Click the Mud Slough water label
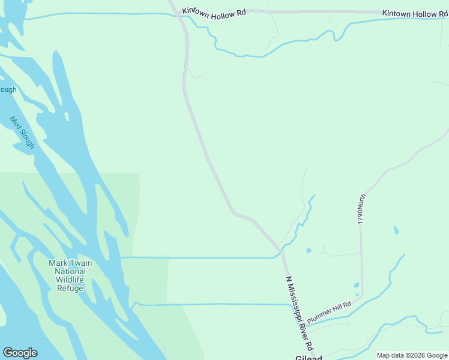tap(22, 133)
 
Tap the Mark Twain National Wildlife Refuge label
tap(71, 275)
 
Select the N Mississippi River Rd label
tap(300, 314)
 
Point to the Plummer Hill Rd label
tap(328, 312)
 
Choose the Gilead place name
tap(309, 356)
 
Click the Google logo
tap(20, 353)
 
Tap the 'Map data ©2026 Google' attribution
tap(411, 355)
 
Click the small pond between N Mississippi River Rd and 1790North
tap(308, 250)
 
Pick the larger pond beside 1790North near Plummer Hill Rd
tap(356, 286)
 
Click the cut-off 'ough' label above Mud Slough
tap(8, 90)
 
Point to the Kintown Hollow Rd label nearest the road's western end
tap(214, 12)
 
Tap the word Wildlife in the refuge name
tap(71, 280)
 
